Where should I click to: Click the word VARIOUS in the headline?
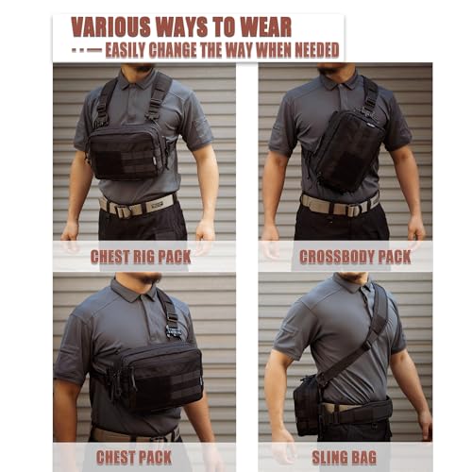[111, 27]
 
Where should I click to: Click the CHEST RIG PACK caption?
[141, 257]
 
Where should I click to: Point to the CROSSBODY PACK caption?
[355, 257]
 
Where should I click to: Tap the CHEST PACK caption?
[134, 458]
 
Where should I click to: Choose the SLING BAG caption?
[345, 458]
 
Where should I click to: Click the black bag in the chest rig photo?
[127, 153]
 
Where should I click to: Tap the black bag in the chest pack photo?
[154, 376]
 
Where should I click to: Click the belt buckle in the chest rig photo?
[125, 211]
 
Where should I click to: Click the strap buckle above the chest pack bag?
[173, 332]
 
